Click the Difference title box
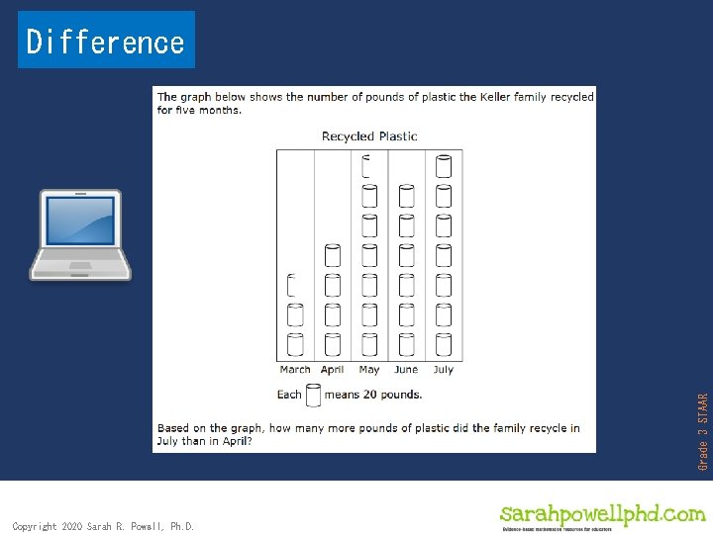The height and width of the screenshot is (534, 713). tap(106, 41)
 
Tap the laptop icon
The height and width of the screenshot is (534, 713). tap(80, 235)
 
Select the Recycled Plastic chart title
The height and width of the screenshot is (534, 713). tap(369, 136)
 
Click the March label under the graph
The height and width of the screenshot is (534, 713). tap(295, 370)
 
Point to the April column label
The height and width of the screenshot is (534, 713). tap(333, 370)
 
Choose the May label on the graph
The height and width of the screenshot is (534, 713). tap(369, 370)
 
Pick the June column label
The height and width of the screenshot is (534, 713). tap(406, 370)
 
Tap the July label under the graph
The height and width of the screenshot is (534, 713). tap(443, 370)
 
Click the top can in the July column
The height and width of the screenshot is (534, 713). tap(444, 166)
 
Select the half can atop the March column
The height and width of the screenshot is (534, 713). tap(292, 286)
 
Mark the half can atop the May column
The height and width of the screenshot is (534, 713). tap(367, 164)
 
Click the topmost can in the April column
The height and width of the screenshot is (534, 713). tap(333, 255)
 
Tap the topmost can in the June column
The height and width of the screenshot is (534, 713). tap(406, 196)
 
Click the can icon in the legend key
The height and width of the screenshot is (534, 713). tap(313, 395)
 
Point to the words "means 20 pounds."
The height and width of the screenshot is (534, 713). tap(373, 395)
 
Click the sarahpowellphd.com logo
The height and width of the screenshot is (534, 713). tap(602, 515)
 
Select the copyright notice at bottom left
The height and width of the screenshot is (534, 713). tap(103, 526)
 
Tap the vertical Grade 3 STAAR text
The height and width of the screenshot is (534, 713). tap(703, 431)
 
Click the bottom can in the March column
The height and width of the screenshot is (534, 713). tap(295, 344)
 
